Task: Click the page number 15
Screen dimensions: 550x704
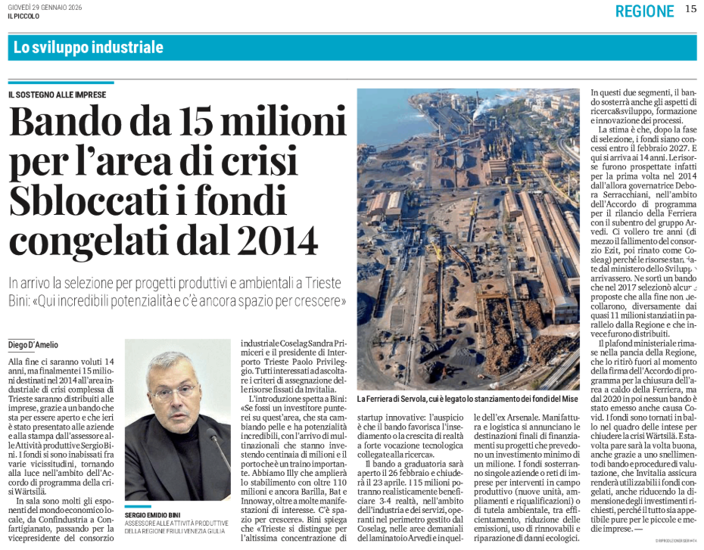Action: [x=690, y=10]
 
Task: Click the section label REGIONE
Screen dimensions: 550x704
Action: [x=644, y=11]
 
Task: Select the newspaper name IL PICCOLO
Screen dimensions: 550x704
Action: [x=23, y=16]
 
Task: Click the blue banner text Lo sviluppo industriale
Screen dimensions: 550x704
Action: [x=89, y=48]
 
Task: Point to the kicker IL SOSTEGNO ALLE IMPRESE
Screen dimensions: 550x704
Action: [x=58, y=95]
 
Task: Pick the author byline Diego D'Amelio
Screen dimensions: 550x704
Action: [x=34, y=345]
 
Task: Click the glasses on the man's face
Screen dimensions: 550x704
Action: [x=173, y=393]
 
